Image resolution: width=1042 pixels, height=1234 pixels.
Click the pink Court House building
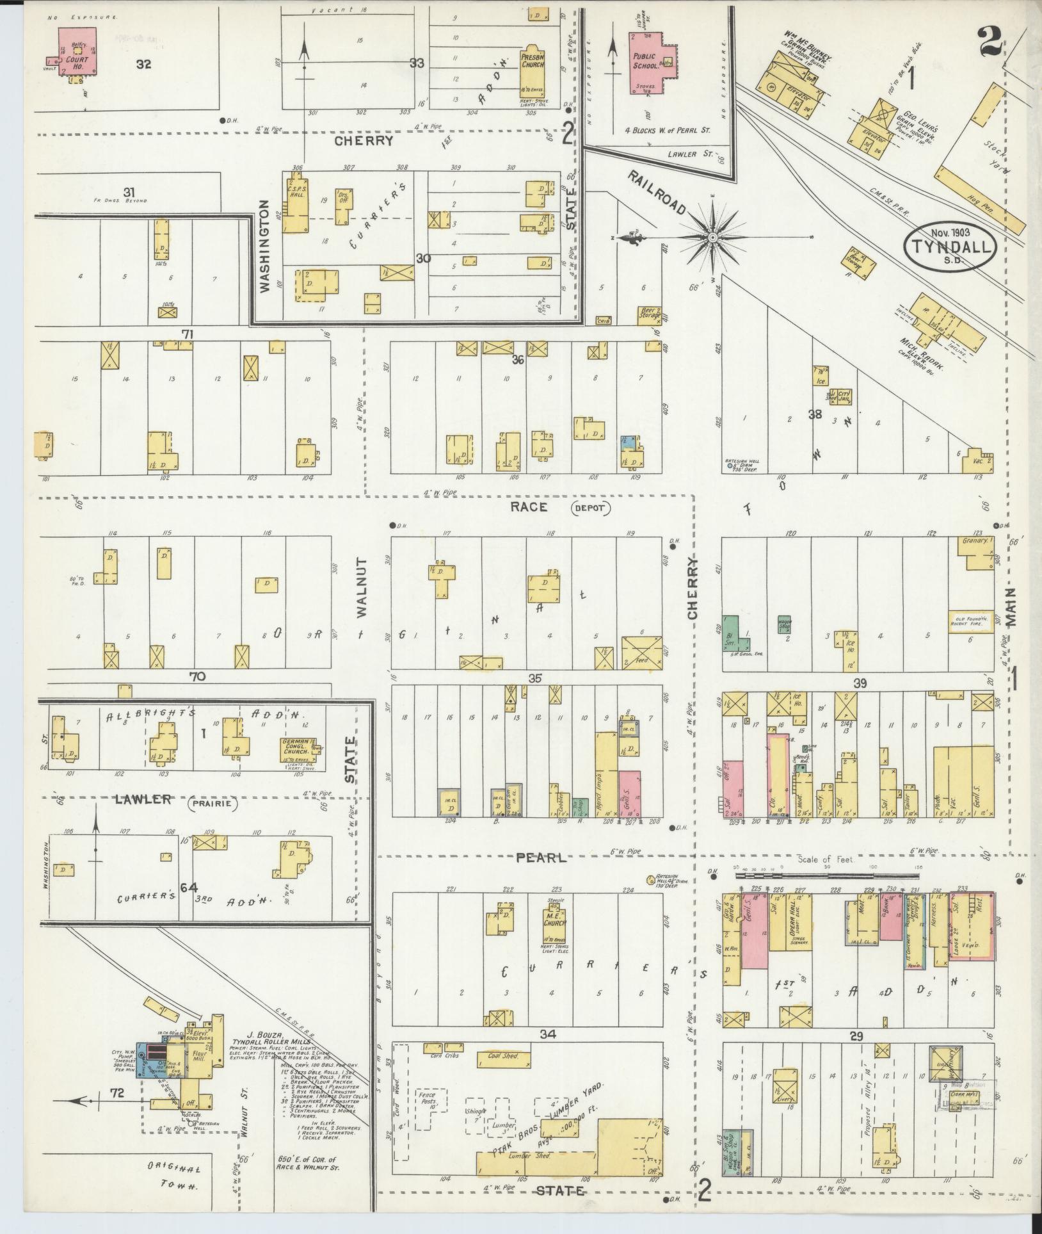point(77,51)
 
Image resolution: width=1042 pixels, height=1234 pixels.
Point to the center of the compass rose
point(712,238)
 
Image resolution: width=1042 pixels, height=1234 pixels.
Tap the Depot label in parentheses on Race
point(590,508)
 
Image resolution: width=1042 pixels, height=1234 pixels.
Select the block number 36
point(518,360)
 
